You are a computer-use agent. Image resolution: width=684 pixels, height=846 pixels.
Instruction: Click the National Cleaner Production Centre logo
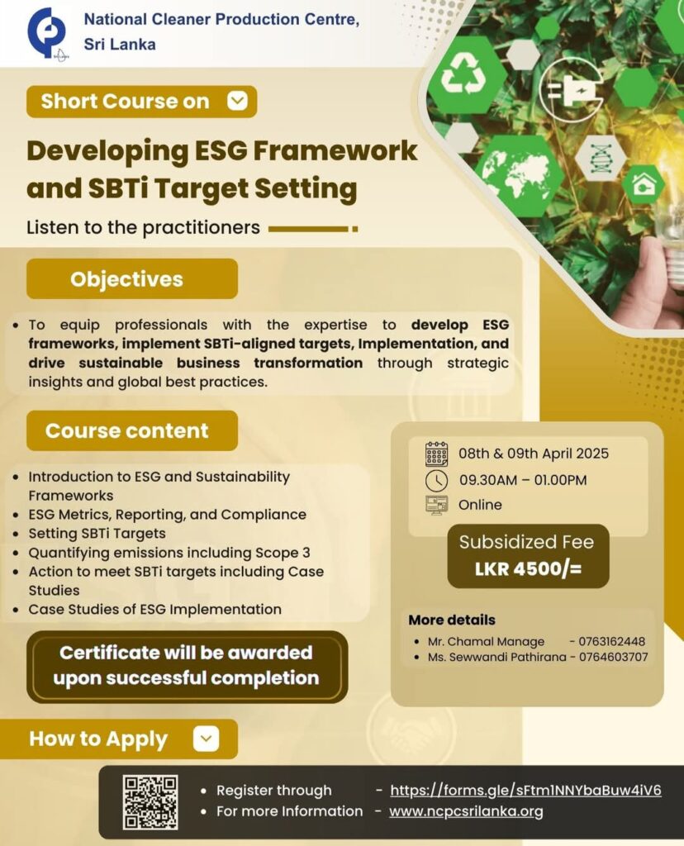tap(46, 33)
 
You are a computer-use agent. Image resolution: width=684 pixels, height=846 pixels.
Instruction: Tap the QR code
tap(150, 801)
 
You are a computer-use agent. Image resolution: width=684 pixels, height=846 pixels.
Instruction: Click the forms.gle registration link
tap(525, 790)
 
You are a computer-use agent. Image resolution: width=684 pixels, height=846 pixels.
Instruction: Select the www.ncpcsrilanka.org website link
tap(466, 811)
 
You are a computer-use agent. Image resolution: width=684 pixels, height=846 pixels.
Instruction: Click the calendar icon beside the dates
tap(436, 454)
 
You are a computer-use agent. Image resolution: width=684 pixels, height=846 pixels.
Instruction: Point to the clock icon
tap(436, 479)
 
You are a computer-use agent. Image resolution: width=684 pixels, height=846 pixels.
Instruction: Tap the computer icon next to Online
tap(436, 505)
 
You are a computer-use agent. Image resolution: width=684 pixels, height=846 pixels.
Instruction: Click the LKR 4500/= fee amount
tap(528, 569)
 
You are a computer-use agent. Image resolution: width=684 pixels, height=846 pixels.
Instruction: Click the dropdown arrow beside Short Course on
tap(237, 101)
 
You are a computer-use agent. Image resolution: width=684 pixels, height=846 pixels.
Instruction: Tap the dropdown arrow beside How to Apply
tap(207, 739)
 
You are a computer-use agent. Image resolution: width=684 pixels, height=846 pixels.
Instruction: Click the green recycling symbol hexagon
tap(467, 74)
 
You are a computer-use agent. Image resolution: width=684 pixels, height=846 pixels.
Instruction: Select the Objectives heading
tap(126, 278)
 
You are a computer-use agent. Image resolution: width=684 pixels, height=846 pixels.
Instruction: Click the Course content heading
tap(126, 430)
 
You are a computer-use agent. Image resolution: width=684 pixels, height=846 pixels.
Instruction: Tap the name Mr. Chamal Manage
tap(486, 641)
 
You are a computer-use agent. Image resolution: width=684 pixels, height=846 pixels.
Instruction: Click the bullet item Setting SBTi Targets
tap(97, 533)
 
